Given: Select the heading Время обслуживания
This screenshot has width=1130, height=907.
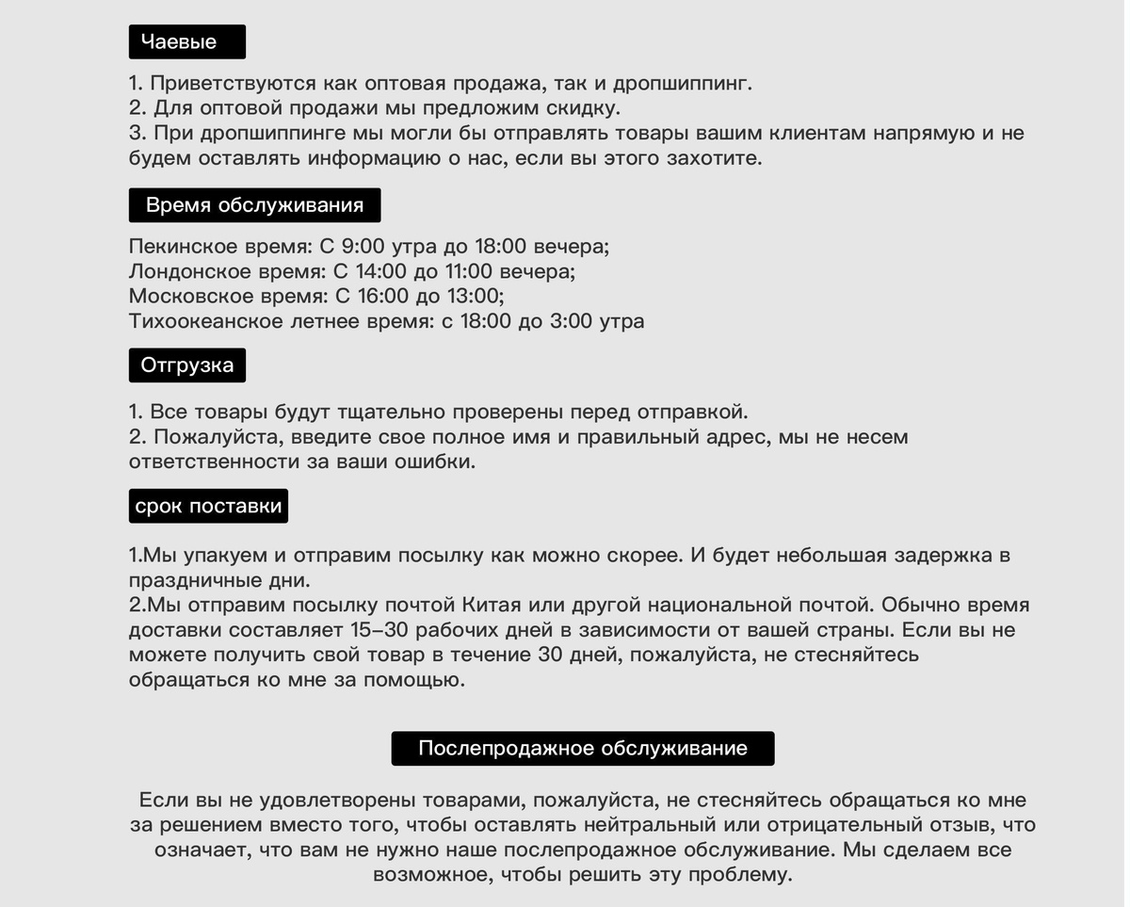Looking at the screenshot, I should click(254, 205).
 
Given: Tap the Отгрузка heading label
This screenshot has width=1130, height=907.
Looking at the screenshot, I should click(186, 364).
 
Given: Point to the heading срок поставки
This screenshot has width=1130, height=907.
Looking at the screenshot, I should click(208, 506).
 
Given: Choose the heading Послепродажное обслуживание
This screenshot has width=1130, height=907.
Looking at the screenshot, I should click(582, 748).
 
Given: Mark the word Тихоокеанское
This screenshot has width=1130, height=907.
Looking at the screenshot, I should click(206, 321).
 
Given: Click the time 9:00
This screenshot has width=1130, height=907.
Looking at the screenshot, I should click(363, 248).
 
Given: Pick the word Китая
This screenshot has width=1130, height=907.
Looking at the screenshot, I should click(494, 605).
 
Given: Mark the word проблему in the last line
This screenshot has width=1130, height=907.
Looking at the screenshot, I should click(739, 874).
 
